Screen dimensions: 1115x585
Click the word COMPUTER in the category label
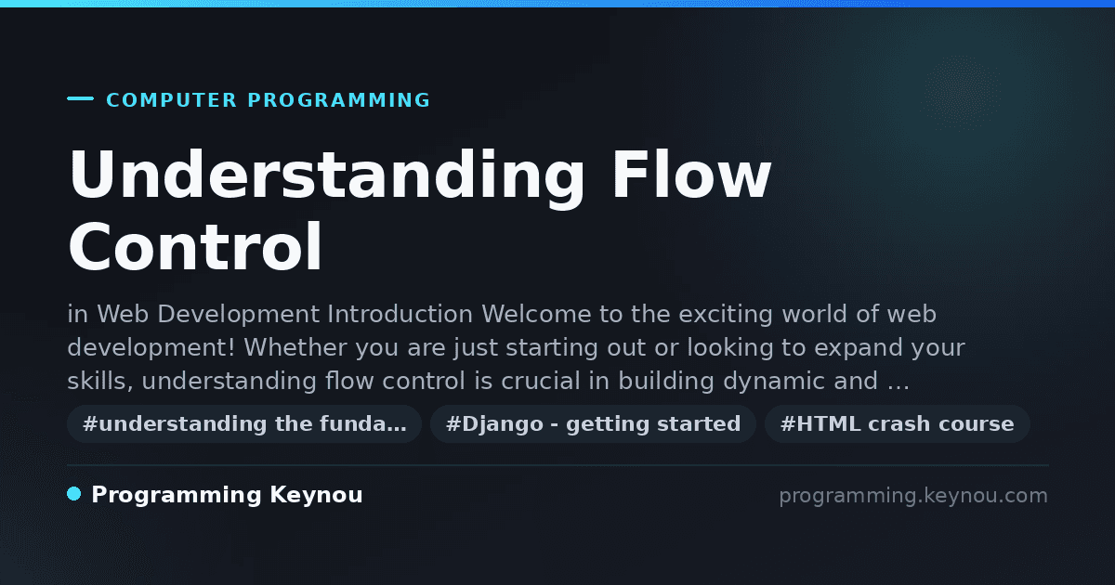171,100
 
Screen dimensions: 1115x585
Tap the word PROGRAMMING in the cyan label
338,100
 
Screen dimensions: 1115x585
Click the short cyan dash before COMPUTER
80,98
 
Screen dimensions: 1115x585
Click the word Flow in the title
692,175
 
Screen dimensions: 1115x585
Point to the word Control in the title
195,247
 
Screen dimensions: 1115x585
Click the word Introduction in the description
400,315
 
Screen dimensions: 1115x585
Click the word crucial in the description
541,381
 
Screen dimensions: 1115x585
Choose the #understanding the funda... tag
244,423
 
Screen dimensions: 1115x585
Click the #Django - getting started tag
593,423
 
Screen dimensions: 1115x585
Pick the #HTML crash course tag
897,423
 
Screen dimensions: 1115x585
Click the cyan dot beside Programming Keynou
74,494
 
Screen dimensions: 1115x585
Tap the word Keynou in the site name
316,496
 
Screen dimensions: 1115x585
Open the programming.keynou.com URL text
913,497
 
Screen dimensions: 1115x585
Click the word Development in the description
238,316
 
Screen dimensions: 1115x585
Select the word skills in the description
100,381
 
